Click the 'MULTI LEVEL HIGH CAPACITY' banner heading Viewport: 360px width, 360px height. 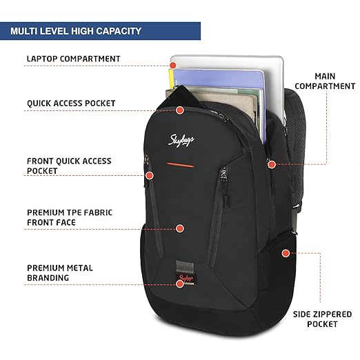pos(76,31)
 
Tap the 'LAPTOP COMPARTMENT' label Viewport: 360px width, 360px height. pos(74,59)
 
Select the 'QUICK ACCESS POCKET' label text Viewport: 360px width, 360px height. pos(71,103)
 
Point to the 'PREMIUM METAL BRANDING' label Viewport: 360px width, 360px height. pos(60,273)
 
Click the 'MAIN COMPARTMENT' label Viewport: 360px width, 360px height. pos(325,81)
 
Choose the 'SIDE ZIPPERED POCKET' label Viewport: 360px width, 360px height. pos(322,319)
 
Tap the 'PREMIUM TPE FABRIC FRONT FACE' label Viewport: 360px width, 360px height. pos(70,217)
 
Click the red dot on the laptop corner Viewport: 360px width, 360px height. pos(173,66)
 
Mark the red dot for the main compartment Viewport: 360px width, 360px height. pos(272,164)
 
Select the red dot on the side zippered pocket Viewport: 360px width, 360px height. pos(286,253)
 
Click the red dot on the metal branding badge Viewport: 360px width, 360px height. pos(180,284)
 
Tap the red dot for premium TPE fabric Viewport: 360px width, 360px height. pos(180,228)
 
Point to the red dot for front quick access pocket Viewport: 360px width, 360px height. pos(150,176)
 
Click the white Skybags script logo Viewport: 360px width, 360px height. pos(181,140)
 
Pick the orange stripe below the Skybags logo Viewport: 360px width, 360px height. pos(181,165)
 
